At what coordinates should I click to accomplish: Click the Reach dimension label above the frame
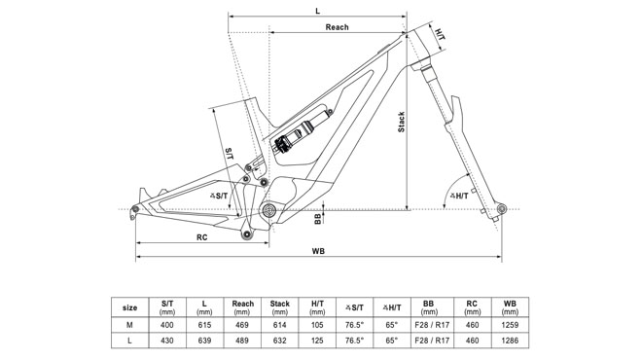tap(337, 27)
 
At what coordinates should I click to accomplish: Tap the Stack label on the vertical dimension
tap(401, 122)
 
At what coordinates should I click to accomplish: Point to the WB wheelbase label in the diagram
tap(318, 251)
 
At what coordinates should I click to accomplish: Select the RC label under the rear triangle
tap(202, 237)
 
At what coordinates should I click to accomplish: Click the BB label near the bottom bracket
tap(318, 219)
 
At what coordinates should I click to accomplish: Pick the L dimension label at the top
tap(318, 11)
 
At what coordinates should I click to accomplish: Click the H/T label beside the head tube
tap(440, 34)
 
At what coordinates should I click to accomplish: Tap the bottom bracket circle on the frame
tap(269, 211)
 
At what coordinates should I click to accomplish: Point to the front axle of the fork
tap(502, 209)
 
